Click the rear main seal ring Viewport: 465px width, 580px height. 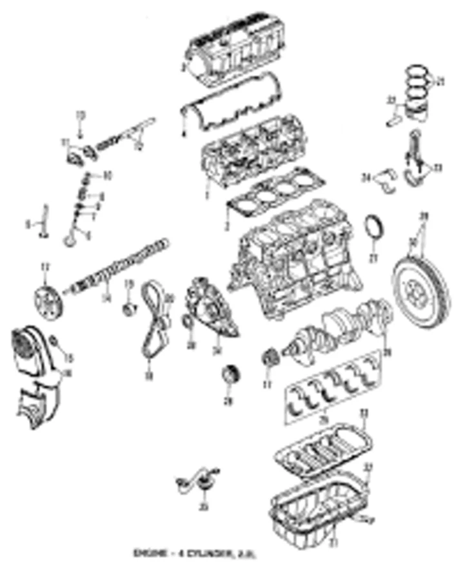click(373, 232)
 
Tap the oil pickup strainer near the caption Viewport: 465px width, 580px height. click(197, 483)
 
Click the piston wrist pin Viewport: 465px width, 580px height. click(393, 120)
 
